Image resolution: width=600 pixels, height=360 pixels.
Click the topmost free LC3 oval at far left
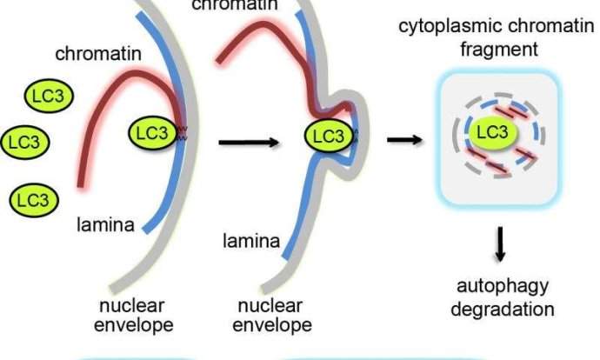47,93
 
